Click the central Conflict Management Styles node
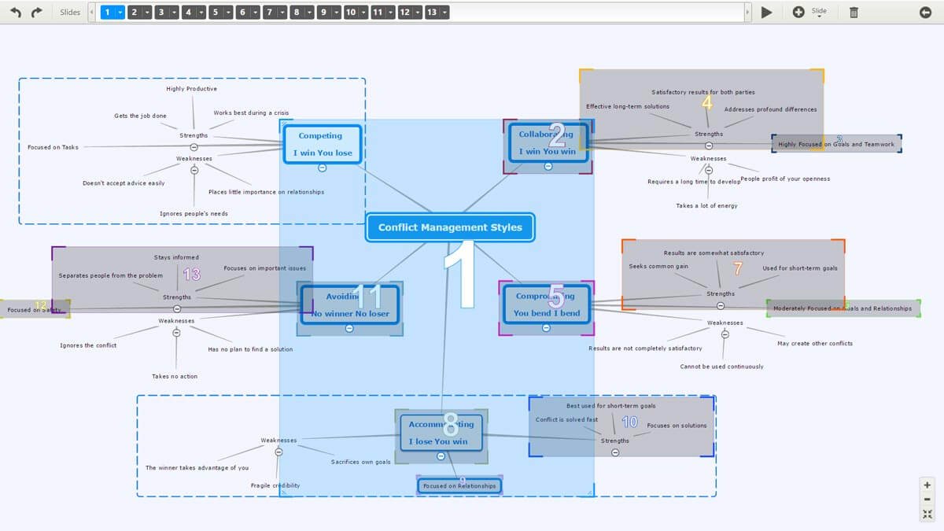click(x=450, y=227)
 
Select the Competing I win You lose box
click(x=323, y=144)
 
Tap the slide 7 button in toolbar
click(x=270, y=13)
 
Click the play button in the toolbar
click(x=767, y=13)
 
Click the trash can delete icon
click(x=854, y=13)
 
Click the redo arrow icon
click(x=36, y=13)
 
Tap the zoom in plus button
click(x=927, y=485)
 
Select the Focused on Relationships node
click(x=459, y=486)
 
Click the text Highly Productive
click(x=191, y=89)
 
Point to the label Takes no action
click(x=175, y=376)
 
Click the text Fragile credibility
click(x=275, y=485)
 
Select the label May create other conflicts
click(x=815, y=343)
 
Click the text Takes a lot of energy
click(x=706, y=206)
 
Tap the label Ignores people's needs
click(x=194, y=213)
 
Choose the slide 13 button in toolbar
click(x=432, y=13)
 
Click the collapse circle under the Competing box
click(x=323, y=168)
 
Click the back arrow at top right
click(x=925, y=13)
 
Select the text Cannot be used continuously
click(x=721, y=367)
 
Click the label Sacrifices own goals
click(x=360, y=462)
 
